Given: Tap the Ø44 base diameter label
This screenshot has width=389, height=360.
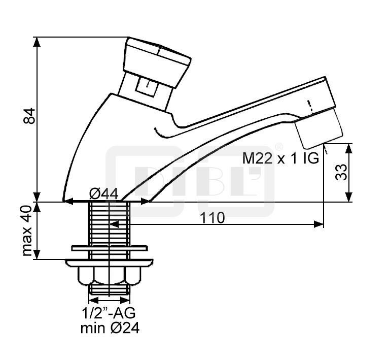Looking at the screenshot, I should click(103, 194).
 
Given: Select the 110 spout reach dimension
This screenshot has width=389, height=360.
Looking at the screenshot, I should click(212, 218).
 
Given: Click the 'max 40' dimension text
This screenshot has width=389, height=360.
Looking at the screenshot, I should click(28, 231).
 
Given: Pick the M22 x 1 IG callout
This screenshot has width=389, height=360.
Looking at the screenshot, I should click(280, 158).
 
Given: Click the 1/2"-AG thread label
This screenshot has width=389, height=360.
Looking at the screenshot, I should click(109, 312).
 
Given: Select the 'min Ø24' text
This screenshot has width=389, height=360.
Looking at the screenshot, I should click(110, 328).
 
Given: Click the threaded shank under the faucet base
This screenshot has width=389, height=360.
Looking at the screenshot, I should click(109, 223).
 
